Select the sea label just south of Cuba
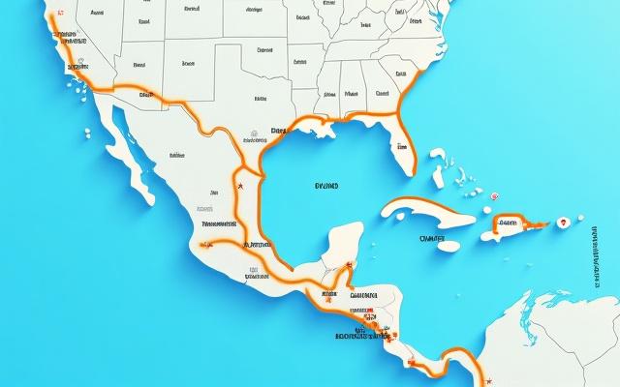pyautogui.click(x=432, y=236)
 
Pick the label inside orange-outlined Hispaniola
pyautogui.click(x=511, y=222)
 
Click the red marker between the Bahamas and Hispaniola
pyautogui.click(x=493, y=195)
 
